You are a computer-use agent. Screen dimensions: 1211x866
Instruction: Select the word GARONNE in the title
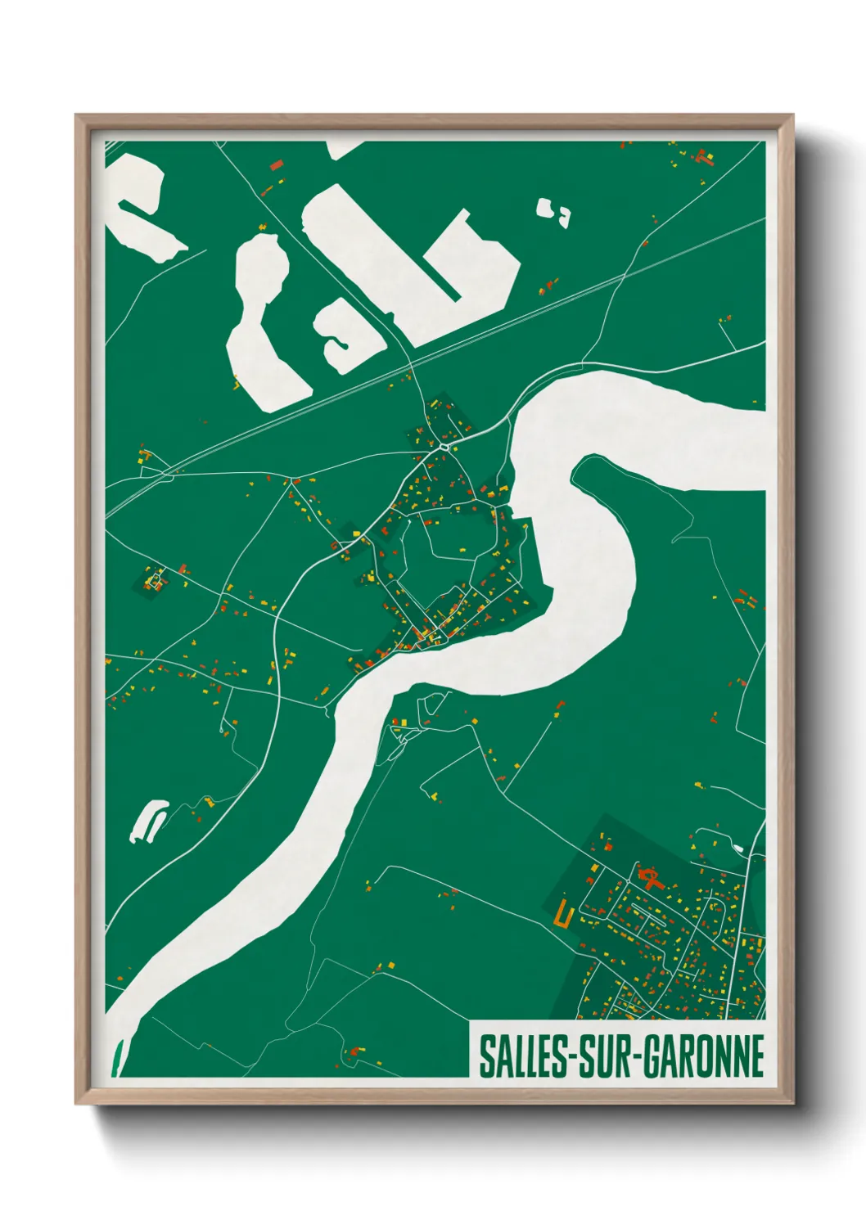pyautogui.click(x=703, y=1056)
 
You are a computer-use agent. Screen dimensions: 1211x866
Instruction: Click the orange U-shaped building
pyautogui.click(x=562, y=913)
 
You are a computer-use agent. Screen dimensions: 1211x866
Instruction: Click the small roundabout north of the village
pyautogui.click(x=444, y=447)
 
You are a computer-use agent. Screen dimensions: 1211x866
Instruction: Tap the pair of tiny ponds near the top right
pyautogui.click(x=553, y=211)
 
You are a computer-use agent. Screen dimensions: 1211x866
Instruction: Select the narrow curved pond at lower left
pyautogui.click(x=148, y=821)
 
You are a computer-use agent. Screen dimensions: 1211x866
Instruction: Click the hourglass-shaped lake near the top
pyautogui.click(x=260, y=319)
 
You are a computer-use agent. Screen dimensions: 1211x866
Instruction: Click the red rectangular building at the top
pyautogui.click(x=277, y=165)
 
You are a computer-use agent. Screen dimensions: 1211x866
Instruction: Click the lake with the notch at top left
pyautogui.click(x=139, y=205)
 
